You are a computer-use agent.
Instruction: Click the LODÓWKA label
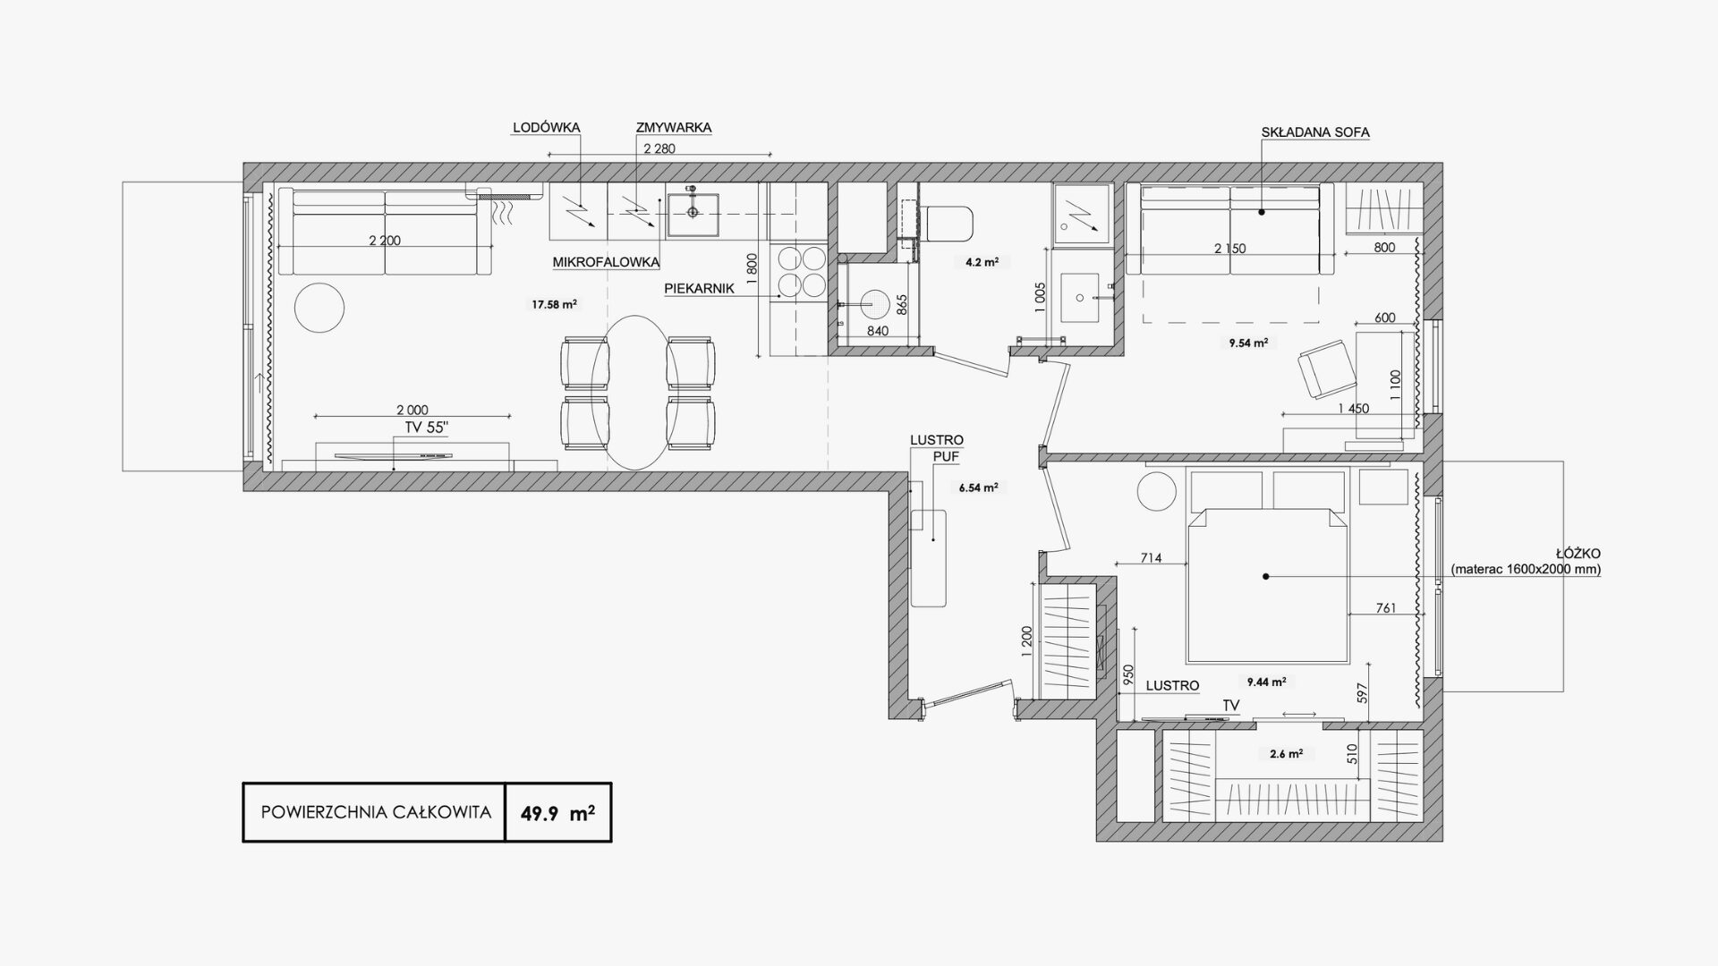point(546,128)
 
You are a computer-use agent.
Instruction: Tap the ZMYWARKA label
point(674,128)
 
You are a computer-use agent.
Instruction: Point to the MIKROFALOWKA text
point(606,263)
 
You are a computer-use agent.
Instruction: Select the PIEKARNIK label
point(699,289)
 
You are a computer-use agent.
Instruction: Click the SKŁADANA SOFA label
point(1315,132)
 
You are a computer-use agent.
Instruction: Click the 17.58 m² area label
point(554,304)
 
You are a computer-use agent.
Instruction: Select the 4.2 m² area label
point(982,263)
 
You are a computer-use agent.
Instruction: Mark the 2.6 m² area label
point(1286,754)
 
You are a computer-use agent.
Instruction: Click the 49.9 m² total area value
point(558,813)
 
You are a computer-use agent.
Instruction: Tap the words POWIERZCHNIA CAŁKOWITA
point(376,813)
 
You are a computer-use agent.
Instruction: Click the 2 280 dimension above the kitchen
point(659,149)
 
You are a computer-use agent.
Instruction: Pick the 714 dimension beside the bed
point(1151,558)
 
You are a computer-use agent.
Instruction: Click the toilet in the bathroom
point(947,224)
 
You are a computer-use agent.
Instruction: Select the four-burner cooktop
point(801,272)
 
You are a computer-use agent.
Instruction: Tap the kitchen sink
point(693,211)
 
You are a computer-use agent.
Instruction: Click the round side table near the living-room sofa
point(319,308)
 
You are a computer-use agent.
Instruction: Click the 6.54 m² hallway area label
point(977,488)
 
